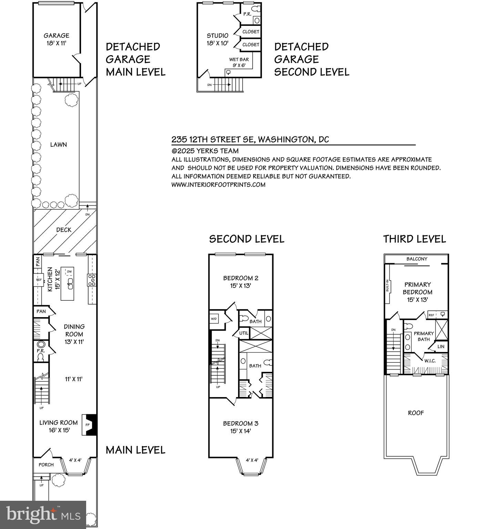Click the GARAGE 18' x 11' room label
point(56,40)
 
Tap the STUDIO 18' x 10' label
point(217,40)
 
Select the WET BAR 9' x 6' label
point(239,62)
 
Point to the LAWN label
point(59,145)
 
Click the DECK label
point(64,230)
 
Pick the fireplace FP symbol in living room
point(88,425)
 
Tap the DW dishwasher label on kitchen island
point(70,271)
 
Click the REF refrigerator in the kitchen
point(39,280)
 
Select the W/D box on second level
point(214,319)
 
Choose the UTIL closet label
point(244,333)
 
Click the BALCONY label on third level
point(417,259)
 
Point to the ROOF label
point(416,413)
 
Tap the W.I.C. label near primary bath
point(430,361)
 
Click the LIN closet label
point(441,346)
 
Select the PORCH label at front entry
point(46,464)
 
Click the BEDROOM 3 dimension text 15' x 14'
point(241,431)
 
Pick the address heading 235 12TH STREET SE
point(250,139)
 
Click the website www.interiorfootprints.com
point(218,185)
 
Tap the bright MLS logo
point(43,515)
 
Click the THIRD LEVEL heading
point(415,239)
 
